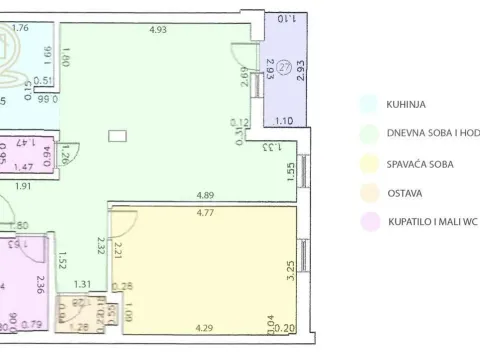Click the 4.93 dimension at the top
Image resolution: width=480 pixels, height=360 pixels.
(157, 30)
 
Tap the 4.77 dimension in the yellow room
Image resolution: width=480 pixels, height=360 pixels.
(206, 213)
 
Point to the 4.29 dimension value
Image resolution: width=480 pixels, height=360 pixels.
(204, 327)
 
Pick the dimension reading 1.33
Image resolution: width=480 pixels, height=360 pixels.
(271, 147)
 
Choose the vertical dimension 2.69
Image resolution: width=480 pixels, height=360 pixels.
(243, 77)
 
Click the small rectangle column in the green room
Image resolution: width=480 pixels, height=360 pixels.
(118, 134)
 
